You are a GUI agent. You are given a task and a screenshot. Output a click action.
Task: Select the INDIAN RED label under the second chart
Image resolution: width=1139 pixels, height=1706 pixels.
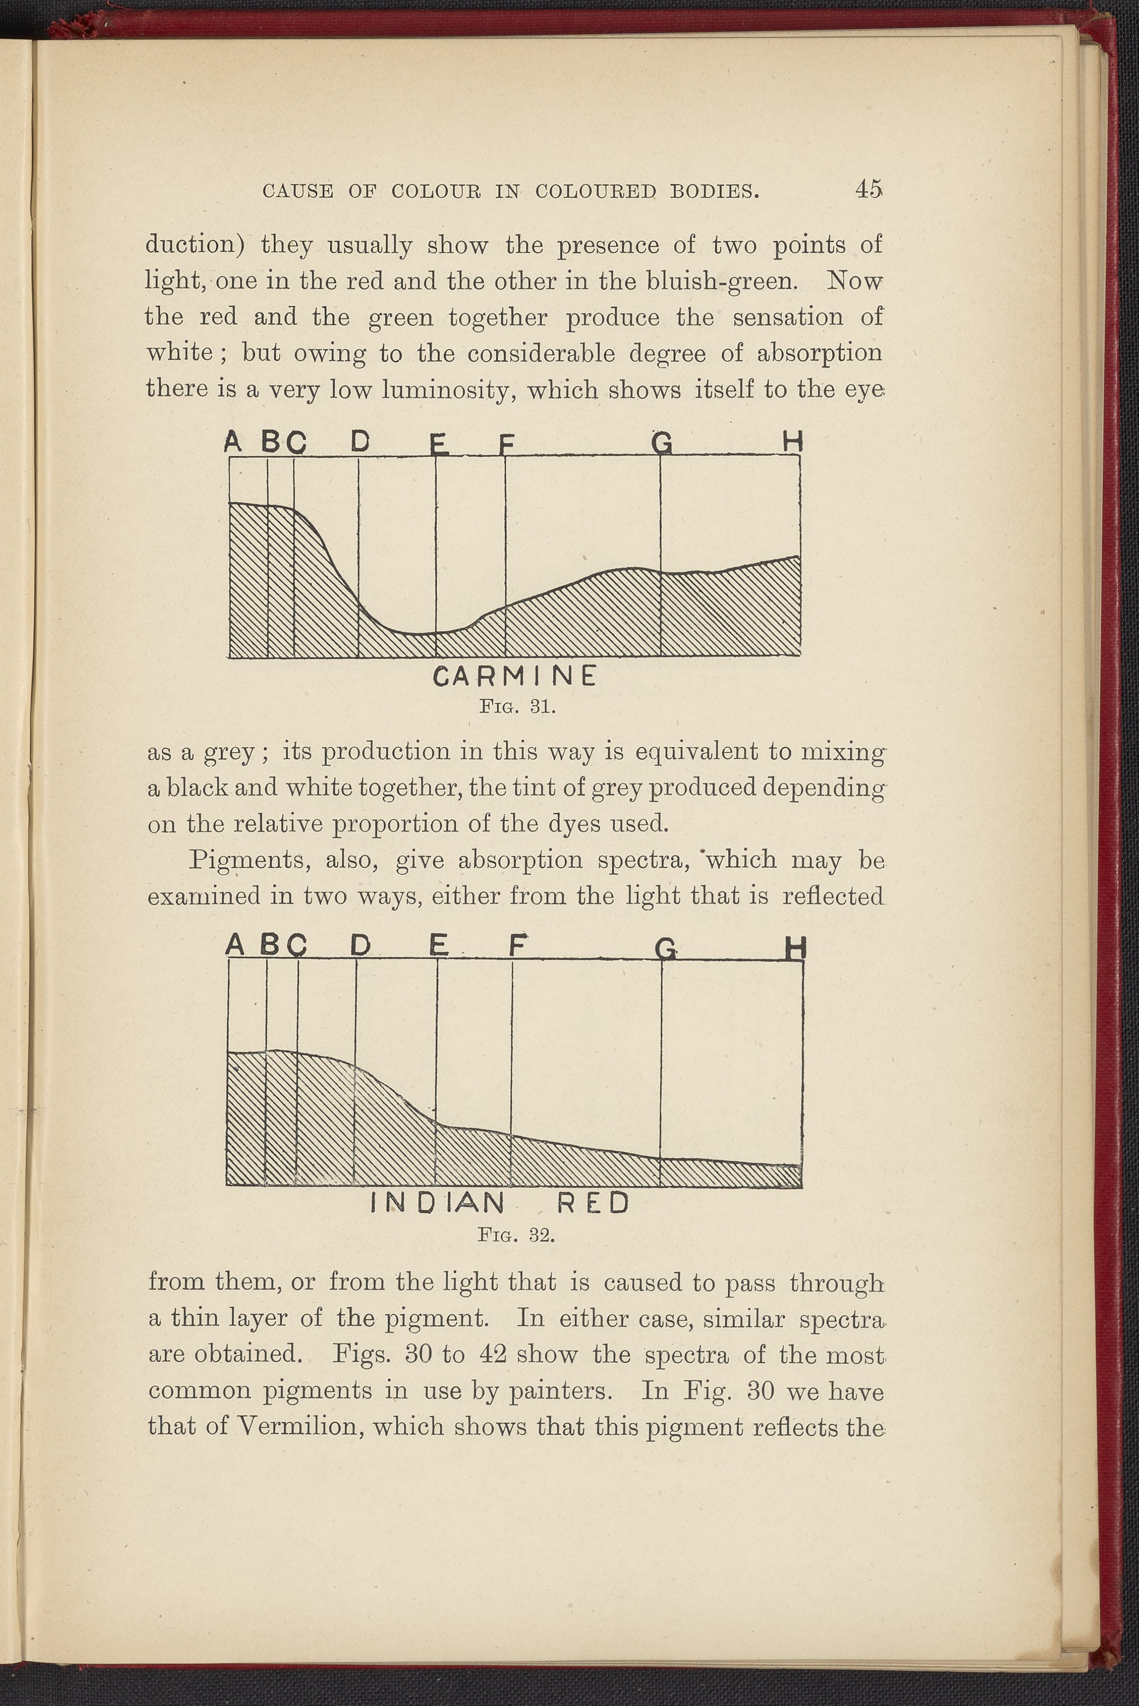pos(499,1204)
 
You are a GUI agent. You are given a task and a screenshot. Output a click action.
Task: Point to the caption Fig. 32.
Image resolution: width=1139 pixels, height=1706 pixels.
pos(517,1235)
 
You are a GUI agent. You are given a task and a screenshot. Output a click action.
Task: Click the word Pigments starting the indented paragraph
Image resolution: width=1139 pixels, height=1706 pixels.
pos(246,861)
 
